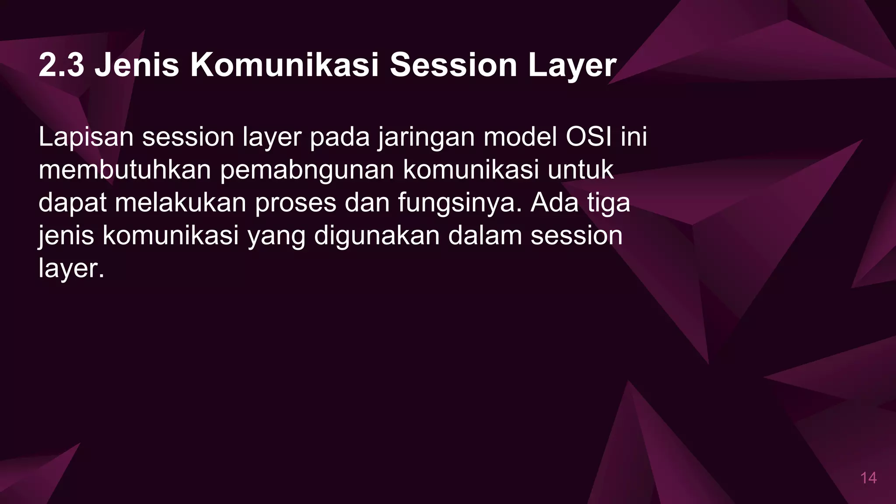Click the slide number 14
tap(868, 478)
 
